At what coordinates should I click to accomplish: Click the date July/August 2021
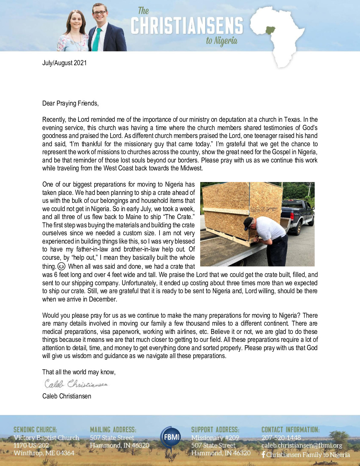tap(65, 63)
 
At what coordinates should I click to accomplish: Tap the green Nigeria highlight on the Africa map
tap(270, 30)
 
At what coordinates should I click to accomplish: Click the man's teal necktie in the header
tap(96, 40)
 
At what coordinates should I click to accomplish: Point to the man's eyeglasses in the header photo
tap(100, 13)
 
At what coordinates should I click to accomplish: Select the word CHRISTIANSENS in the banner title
tap(187, 26)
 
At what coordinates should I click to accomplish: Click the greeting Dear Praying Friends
tap(70, 103)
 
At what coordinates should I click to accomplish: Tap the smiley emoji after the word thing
tap(61, 266)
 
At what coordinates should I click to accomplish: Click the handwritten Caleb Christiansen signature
tap(76, 384)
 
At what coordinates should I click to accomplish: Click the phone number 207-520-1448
tap(281, 438)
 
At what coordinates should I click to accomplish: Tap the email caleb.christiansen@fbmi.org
tap(302, 445)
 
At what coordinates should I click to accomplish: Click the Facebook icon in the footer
tap(263, 454)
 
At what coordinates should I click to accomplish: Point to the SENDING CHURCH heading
tap(35, 430)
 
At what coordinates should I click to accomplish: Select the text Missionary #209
tap(215, 438)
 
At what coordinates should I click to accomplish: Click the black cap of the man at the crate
tap(248, 223)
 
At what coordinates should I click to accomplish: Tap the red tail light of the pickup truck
tap(292, 216)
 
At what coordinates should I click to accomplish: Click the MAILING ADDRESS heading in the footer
tap(113, 430)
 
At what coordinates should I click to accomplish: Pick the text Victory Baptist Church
tap(46, 438)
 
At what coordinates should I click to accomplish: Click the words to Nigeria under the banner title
tap(222, 41)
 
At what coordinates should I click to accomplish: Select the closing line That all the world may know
tap(79, 372)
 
